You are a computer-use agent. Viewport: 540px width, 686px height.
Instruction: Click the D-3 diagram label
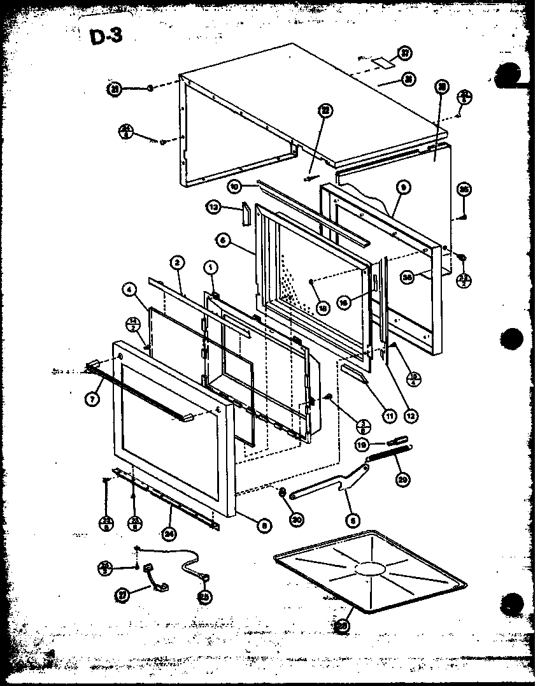(106, 37)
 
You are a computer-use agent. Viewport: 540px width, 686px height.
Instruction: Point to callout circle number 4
(131, 291)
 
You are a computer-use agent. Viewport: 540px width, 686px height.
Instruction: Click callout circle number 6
(223, 241)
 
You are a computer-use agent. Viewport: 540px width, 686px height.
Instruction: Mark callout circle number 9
(404, 187)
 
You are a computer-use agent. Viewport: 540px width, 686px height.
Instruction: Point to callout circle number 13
(214, 207)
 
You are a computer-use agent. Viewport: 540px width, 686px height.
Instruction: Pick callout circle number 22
(325, 111)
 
